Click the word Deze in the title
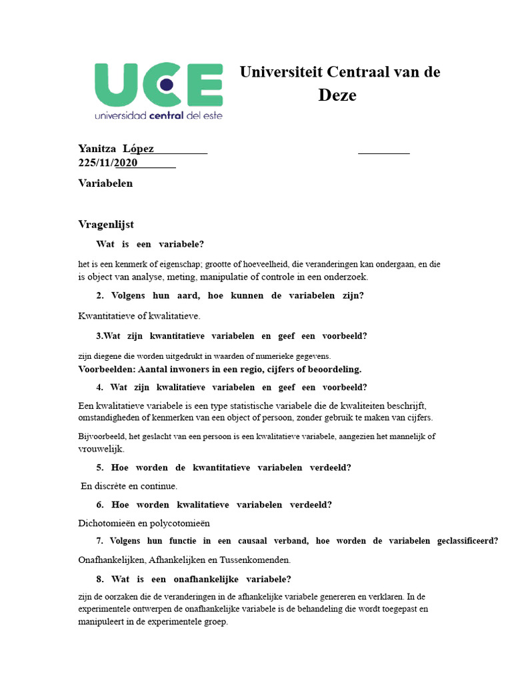337,95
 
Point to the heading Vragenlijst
106,225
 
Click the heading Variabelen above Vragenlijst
105,183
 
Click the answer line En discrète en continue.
129,486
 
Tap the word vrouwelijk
100,450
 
